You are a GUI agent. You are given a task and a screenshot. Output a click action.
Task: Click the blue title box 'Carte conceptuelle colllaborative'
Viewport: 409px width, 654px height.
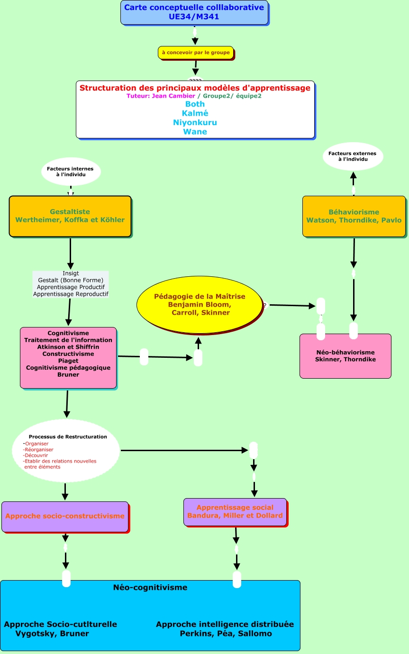point(194,12)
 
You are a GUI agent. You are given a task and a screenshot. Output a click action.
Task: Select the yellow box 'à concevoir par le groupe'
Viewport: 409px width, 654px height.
point(196,53)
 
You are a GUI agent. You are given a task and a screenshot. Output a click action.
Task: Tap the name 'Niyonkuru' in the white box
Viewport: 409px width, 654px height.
point(195,122)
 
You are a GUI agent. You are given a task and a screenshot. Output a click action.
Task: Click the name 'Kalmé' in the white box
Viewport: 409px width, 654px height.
point(195,113)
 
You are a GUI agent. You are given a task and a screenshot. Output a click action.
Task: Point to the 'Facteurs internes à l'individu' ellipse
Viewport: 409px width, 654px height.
point(71,172)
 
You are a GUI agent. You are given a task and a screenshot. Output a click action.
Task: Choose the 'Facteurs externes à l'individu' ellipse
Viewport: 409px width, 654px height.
point(353,156)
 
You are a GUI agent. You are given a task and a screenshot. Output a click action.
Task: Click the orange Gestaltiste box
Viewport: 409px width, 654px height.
point(70,216)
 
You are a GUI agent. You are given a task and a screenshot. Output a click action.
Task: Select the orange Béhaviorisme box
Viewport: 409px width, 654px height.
point(354,216)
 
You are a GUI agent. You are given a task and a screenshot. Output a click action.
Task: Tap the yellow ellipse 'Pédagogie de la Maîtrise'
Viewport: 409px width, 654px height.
point(200,304)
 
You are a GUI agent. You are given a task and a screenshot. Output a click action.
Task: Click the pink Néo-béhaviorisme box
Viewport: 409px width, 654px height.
point(345,356)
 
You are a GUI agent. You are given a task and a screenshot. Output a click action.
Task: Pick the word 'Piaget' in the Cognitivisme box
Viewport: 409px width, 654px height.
point(68,361)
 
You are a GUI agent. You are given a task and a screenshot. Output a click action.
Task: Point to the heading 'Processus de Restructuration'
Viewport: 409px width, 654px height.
point(68,436)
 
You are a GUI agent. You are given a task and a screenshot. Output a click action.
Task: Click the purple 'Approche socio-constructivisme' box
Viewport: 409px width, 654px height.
point(65,517)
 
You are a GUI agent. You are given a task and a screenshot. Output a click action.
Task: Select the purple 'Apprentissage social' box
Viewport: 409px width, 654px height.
point(235,512)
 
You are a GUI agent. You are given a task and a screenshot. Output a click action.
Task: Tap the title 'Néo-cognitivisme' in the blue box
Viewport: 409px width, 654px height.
point(150,588)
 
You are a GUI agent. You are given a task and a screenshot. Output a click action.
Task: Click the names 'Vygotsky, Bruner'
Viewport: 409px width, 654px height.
point(53,634)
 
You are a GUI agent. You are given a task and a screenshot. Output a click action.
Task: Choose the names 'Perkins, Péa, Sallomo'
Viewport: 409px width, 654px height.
point(226,634)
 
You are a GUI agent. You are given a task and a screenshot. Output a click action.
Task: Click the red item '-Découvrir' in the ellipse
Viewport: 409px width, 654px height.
point(36,455)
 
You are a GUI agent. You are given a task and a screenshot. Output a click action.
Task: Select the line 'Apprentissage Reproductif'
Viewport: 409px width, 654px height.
point(71,294)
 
